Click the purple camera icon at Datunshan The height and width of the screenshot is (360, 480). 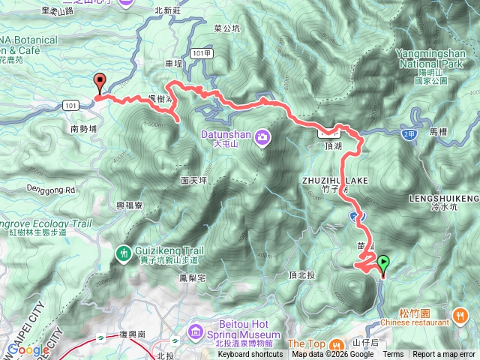point(262,136)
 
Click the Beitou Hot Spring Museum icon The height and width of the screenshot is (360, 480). point(196,331)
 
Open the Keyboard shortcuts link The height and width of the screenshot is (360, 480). point(250,355)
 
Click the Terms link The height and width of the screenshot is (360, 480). point(393,355)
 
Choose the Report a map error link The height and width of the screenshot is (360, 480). point(444,355)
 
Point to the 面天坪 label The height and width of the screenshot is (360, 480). point(193,181)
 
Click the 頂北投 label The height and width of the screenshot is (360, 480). point(302,275)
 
